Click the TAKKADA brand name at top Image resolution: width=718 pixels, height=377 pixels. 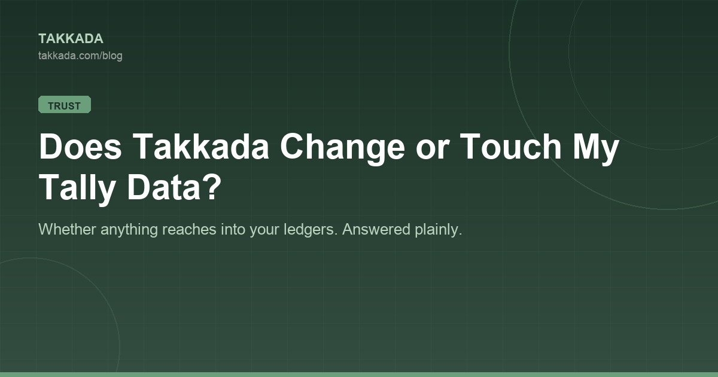click(71, 39)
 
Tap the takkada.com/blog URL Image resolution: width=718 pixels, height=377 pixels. click(80, 56)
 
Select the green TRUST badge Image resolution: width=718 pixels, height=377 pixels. click(65, 105)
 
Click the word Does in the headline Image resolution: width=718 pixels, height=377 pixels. click(80, 146)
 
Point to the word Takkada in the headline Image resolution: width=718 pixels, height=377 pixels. click(200, 146)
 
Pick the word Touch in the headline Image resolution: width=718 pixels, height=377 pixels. click(510, 146)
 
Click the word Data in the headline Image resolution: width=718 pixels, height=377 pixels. click(164, 187)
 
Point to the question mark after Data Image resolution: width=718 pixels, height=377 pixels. click(211, 187)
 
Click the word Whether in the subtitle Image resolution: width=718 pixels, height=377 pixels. click(67, 229)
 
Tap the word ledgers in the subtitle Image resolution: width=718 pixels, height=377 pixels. click(311, 230)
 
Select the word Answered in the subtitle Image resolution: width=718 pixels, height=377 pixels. click(376, 229)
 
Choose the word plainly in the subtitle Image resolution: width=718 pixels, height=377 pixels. click(439, 230)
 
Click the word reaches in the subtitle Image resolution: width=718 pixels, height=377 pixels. click(189, 229)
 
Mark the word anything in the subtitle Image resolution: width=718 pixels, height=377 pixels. click(129, 230)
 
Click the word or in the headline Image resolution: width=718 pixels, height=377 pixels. click(433, 150)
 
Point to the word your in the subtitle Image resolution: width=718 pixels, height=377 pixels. click(264, 231)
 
